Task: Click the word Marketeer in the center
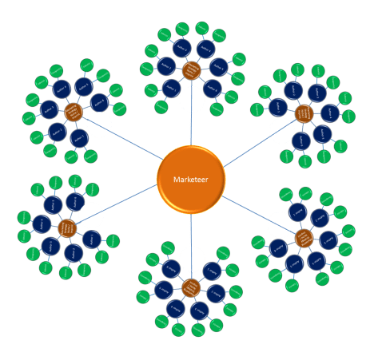coord(190,180)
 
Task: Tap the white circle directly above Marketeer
coord(192,100)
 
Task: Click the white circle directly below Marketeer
coord(192,259)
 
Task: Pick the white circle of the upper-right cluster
coord(281,131)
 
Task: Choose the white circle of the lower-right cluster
coord(280,224)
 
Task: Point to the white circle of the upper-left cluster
coord(99,125)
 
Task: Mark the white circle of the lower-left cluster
coord(91,216)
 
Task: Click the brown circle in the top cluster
coord(190,70)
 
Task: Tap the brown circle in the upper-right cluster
coord(304,114)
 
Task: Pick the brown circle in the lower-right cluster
coord(304,237)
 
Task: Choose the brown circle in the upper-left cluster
coord(74,112)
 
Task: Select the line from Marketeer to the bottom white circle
coord(192,231)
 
